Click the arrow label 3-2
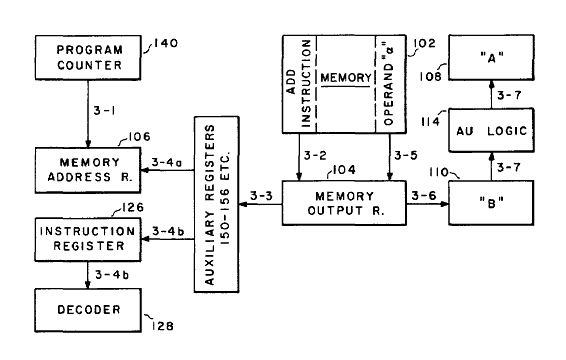(x=314, y=157)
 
